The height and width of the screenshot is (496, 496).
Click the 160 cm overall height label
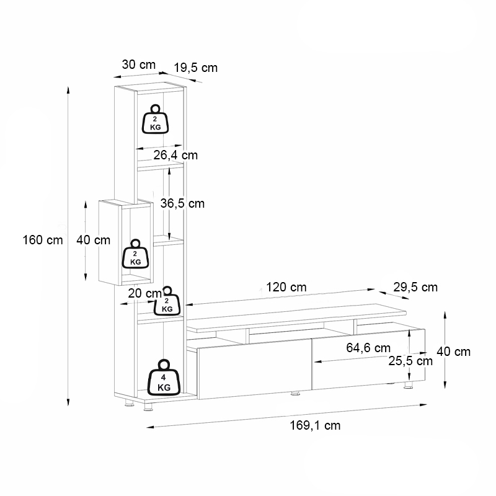(43, 240)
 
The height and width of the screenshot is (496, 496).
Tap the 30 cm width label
(138, 64)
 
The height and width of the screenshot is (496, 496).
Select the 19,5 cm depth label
(196, 68)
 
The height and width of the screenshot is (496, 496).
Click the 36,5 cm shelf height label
(182, 203)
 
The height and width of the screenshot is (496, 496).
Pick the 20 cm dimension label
(143, 293)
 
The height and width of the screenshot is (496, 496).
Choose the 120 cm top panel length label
(286, 287)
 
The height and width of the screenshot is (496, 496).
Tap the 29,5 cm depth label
(415, 287)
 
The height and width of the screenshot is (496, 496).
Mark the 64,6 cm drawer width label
(368, 348)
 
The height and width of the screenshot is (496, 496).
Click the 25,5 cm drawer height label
(410, 360)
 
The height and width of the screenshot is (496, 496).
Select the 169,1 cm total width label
(315, 425)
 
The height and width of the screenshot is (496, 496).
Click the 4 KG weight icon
(164, 378)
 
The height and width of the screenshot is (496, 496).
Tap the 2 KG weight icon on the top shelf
(155, 118)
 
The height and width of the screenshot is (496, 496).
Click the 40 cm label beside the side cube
(93, 240)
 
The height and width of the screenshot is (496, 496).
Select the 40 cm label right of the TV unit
(453, 352)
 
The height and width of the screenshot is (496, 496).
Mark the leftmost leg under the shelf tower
(128, 405)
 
